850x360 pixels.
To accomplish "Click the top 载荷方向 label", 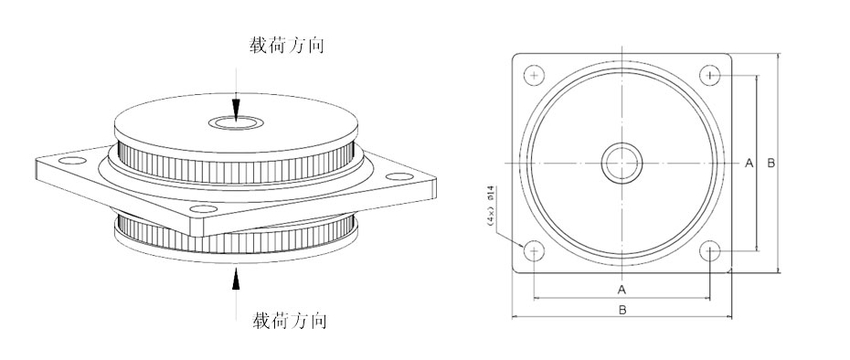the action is coord(287,45).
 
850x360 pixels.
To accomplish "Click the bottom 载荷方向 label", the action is coord(290,321).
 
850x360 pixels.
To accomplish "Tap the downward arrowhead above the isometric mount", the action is coord(236,110).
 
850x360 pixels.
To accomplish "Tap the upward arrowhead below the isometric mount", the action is coord(236,279).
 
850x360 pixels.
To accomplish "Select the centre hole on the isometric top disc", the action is coord(237,123).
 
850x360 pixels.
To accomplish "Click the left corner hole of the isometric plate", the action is coord(72,161).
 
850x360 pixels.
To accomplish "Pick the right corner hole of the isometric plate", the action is coord(400,176).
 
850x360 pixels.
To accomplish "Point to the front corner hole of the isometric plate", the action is coord(204,208).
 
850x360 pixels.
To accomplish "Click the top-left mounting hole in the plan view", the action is coord(535,75).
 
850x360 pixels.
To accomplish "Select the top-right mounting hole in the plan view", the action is coord(710,75).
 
